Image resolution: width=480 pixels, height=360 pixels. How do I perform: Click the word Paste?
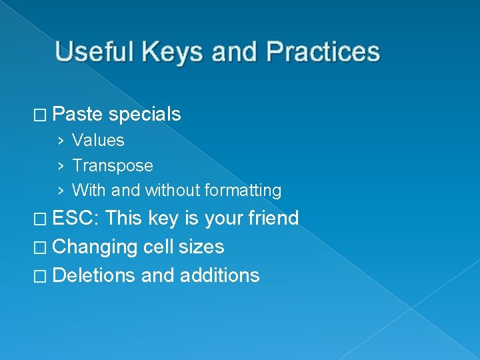[x=77, y=115]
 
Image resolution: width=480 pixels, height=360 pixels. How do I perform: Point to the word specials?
[x=145, y=115]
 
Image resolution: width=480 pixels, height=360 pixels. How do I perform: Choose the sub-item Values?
[x=98, y=141]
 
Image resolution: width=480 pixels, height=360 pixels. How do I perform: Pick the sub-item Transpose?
[x=113, y=165]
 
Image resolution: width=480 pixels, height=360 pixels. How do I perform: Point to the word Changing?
[x=95, y=247]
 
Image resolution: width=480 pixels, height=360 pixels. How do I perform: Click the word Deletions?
[x=94, y=275]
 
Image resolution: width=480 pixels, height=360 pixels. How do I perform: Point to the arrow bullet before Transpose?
[x=61, y=166]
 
